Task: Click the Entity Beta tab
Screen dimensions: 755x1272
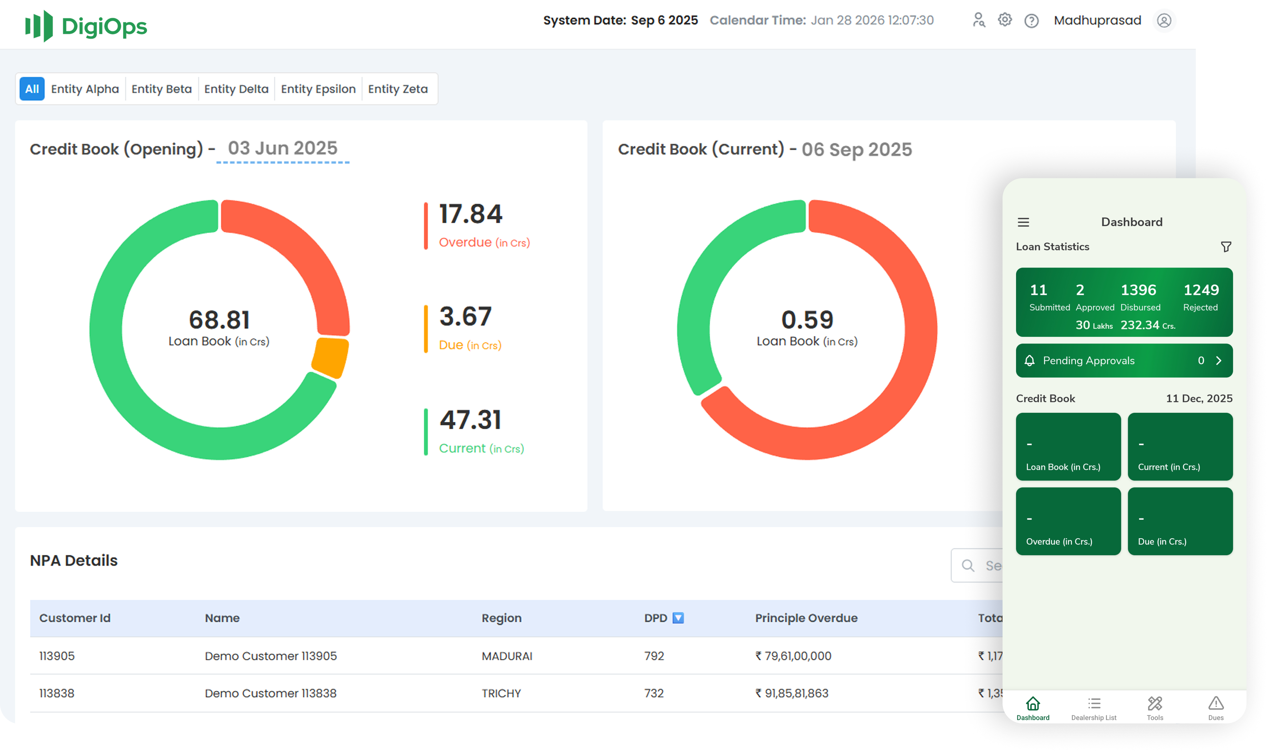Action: pos(161,89)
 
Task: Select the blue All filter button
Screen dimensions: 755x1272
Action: pos(32,89)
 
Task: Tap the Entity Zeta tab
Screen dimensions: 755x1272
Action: pos(397,89)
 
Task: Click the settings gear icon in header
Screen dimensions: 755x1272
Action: pos(1004,20)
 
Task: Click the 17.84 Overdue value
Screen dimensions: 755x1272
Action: pos(471,214)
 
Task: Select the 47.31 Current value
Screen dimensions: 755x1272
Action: pos(471,420)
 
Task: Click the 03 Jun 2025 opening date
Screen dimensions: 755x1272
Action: pos(282,149)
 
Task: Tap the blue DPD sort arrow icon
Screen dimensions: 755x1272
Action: pos(678,618)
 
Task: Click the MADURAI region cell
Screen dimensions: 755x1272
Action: pos(507,656)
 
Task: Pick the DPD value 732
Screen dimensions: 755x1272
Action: pos(654,693)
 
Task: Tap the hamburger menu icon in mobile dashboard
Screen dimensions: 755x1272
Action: pos(1023,222)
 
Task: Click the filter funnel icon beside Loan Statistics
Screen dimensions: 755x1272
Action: pos(1226,247)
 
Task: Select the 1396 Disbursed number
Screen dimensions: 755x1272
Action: pos(1138,290)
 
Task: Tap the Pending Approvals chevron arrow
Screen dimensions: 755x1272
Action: pos(1219,361)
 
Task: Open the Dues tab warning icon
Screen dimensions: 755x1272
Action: pos(1216,704)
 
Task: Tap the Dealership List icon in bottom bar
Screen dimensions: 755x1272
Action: pos(1094,704)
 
